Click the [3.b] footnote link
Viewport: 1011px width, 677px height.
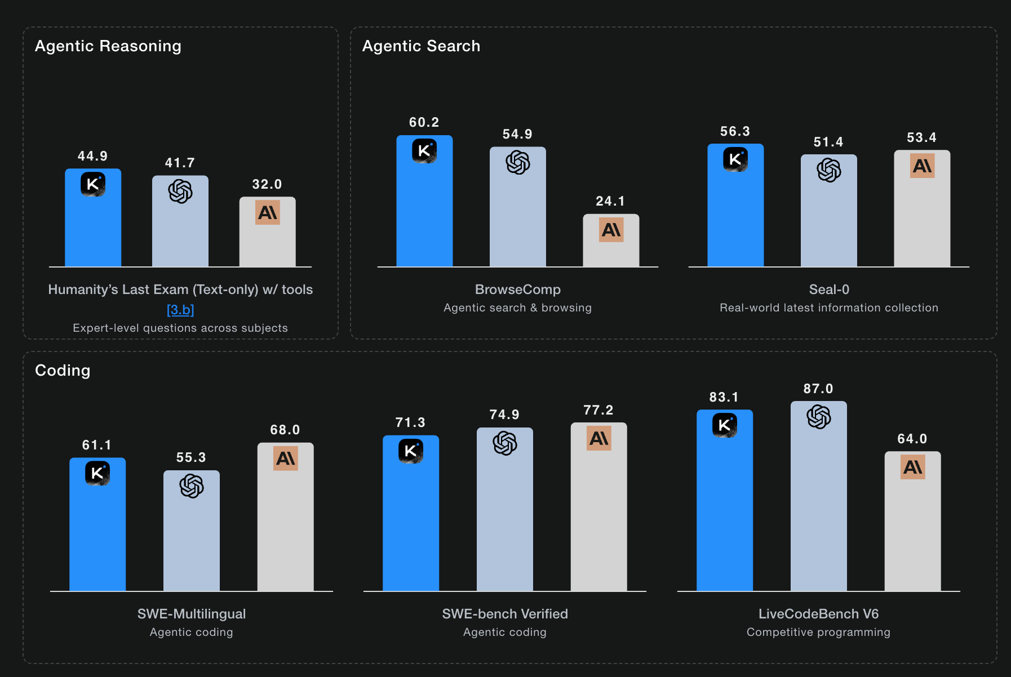[180, 310]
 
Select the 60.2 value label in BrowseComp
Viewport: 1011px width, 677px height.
[424, 122]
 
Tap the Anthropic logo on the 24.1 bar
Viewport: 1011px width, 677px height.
[611, 230]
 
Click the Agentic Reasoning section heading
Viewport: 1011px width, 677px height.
[108, 46]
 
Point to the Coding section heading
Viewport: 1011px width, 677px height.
[63, 371]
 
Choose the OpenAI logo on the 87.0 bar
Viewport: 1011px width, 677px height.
[818, 417]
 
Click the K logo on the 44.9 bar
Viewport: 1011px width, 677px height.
[93, 184]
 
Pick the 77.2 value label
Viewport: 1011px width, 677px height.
[598, 410]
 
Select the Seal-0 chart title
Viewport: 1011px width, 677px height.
[828, 289]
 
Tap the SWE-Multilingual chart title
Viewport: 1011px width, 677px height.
[192, 614]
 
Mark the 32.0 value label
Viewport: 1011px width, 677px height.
[267, 184]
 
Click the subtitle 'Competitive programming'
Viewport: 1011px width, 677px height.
[818, 632]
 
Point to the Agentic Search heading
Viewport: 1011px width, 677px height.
[421, 46]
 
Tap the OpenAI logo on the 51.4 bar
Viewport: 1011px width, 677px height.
[828, 170]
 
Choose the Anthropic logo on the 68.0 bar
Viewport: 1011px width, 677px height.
[286, 458]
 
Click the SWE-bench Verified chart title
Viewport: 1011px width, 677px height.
[505, 614]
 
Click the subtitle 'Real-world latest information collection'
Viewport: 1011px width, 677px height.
[828, 308]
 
